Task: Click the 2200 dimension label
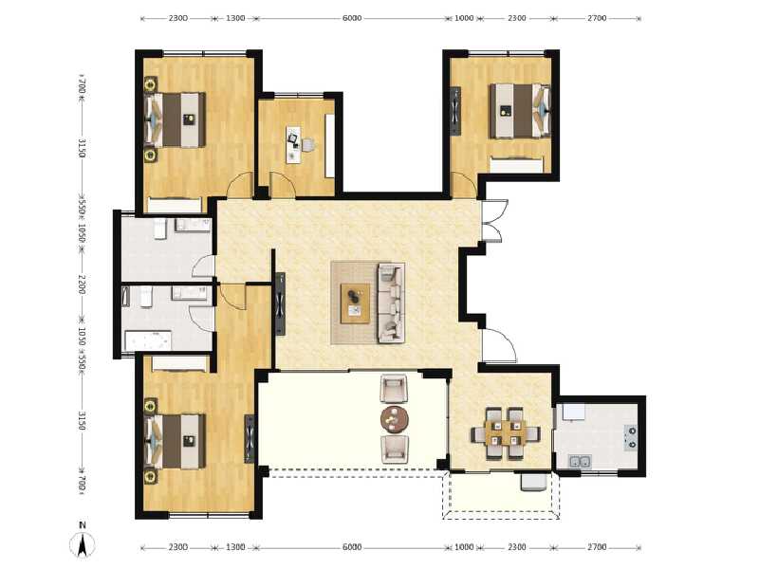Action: click(x=83, y=284)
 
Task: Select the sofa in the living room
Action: click(x=390, y=303)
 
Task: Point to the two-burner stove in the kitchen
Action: click(x=629, y=435)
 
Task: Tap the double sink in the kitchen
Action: click(x=580, y=462)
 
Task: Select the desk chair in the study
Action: click(x=307, y=144)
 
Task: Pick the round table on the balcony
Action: click(x=395, y=418)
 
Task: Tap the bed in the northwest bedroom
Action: click(x=176, y=119)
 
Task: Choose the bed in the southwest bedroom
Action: click(x=176, y=441)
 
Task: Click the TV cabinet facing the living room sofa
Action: click(x=280, y=303)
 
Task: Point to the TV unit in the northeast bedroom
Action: click(x=456, y=109)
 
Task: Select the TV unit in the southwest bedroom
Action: click(x=250, y=438)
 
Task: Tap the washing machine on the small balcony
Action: click(x=533, y=482)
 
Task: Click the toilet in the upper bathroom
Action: click(x=160, y=229)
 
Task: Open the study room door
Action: click(x=283, y=184)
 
